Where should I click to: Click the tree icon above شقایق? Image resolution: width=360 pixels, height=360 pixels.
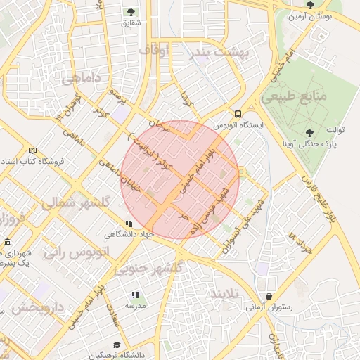pyautogui.click(x=131, y=11)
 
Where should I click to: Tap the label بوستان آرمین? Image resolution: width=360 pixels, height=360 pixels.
pyautogui.click(x=313, y=15)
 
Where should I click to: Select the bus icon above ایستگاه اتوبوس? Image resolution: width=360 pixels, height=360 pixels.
pyautogui.click(x=238, y=114)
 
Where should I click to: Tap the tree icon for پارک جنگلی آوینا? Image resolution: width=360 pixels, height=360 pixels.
pyautogui.click(x=310, y=132)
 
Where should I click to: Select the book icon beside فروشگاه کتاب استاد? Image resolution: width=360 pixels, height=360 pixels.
pyautogui.click(x=32, y=150)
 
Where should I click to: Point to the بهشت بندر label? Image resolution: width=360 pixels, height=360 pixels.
pyautogui.click(x=219, y=52)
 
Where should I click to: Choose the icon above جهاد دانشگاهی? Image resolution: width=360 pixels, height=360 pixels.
pyautogui.click(x=128, y=224)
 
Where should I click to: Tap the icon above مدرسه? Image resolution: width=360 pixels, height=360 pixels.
pyautogui.click(x=134, y=295)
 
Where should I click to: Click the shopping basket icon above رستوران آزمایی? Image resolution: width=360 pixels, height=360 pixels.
pyautogui.click(x=269, y=296)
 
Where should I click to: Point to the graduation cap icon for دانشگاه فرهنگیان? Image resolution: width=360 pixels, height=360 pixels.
pyautogui.click(x=116, y=345)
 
